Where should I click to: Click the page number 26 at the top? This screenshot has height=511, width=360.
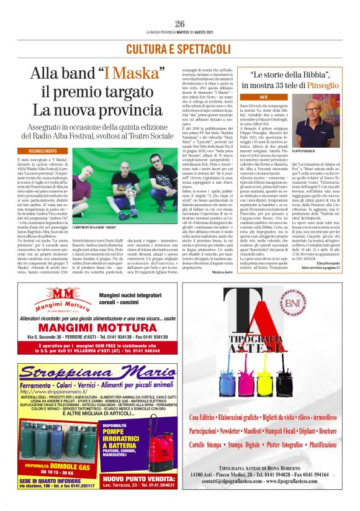pos(180,23)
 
